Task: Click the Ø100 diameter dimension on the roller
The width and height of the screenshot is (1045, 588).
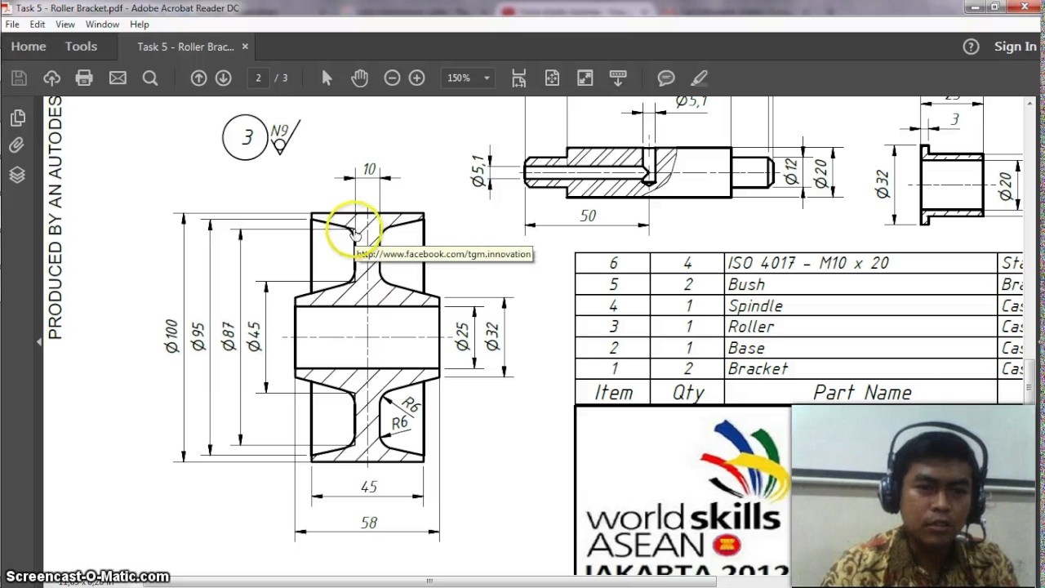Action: [171, 336]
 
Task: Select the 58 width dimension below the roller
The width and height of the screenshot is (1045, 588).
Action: [368, 523]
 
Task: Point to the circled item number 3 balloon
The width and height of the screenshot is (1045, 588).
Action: [246, 137]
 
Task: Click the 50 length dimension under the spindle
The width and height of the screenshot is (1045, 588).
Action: [588, 216]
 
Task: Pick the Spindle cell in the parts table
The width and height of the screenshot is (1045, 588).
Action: [755, 306]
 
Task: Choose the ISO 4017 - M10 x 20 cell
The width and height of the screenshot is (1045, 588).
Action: [807, 263]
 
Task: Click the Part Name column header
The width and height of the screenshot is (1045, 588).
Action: [861, 393]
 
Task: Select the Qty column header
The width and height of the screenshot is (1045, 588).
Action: [687, 393]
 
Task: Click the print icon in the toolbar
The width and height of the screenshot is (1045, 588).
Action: [84, 78]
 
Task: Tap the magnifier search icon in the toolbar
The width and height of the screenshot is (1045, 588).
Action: [150, 78]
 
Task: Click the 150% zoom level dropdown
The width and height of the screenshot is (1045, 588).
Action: [468, 78]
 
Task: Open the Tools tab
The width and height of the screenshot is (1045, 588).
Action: [81, 47]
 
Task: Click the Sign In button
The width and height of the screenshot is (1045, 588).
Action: [1015, 47]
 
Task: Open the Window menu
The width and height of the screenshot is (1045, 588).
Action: [102, 24]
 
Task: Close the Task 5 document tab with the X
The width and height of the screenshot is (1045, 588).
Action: [245, 47]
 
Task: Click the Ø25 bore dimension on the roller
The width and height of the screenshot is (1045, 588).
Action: [462, 336]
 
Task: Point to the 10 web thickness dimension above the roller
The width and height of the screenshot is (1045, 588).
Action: [369, 169]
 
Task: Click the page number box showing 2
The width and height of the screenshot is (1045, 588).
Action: [258, 78]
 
